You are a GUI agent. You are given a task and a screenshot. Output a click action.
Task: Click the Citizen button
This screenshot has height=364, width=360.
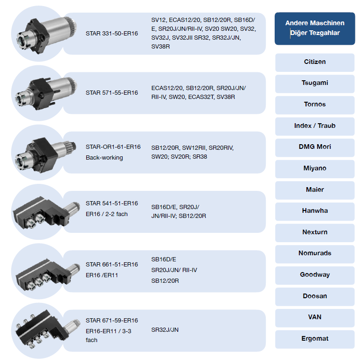pyautogui.click(x=315, y=63)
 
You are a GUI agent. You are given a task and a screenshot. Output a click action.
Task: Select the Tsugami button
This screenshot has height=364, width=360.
pyautogui.click(x=315, y=84)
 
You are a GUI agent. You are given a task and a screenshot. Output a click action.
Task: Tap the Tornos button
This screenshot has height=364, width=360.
pyautogui.click(x=315, y=105)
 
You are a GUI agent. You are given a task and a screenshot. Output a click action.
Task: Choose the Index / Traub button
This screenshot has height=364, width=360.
pyautogui.click(x=315, y=126)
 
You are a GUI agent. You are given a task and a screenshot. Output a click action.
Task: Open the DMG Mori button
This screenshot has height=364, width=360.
pyautogui.click(x=315, y=147)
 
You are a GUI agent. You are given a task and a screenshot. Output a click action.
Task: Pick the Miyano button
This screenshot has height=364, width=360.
pyautogui.click(x=315, y=169)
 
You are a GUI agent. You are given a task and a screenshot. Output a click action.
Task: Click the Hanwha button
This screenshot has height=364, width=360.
pyautogui.click(x=315, y=211)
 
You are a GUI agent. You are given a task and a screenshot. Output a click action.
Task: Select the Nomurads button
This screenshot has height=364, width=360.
pyautogui.click(x=315, y=254)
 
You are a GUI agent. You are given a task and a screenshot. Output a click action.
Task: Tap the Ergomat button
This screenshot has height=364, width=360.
pyautogui.click(x=315, y=339)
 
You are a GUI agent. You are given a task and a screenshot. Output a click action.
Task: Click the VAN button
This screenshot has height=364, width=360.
pyautogui.click(x=315, y=318)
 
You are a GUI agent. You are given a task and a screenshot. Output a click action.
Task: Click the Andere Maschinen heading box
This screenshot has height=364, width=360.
pyautogui.click(x=315, y=28)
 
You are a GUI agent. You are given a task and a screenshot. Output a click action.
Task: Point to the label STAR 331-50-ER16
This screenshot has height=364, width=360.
pyautogui.click(x=112, y=34)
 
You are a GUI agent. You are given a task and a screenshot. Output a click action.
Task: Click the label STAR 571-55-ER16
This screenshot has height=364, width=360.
pyautogui.click(x=112, y=93)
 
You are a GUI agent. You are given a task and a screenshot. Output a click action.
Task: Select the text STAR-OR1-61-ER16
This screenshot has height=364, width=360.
pyautogui.click(x=113, y=147)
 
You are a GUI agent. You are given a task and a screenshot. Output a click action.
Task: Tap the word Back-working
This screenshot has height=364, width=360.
pyautogui.click(x=104, y=158)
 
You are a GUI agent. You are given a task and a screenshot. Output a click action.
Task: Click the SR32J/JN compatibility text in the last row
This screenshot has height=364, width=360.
pyautogui.click(x=165, y=330)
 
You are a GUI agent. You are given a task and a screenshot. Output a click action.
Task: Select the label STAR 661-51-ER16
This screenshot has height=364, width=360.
pyautogui.click(x=112, y=265)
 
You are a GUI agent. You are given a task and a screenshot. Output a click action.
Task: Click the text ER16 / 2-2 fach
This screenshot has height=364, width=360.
pyautogui.click(x=107, y=214)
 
